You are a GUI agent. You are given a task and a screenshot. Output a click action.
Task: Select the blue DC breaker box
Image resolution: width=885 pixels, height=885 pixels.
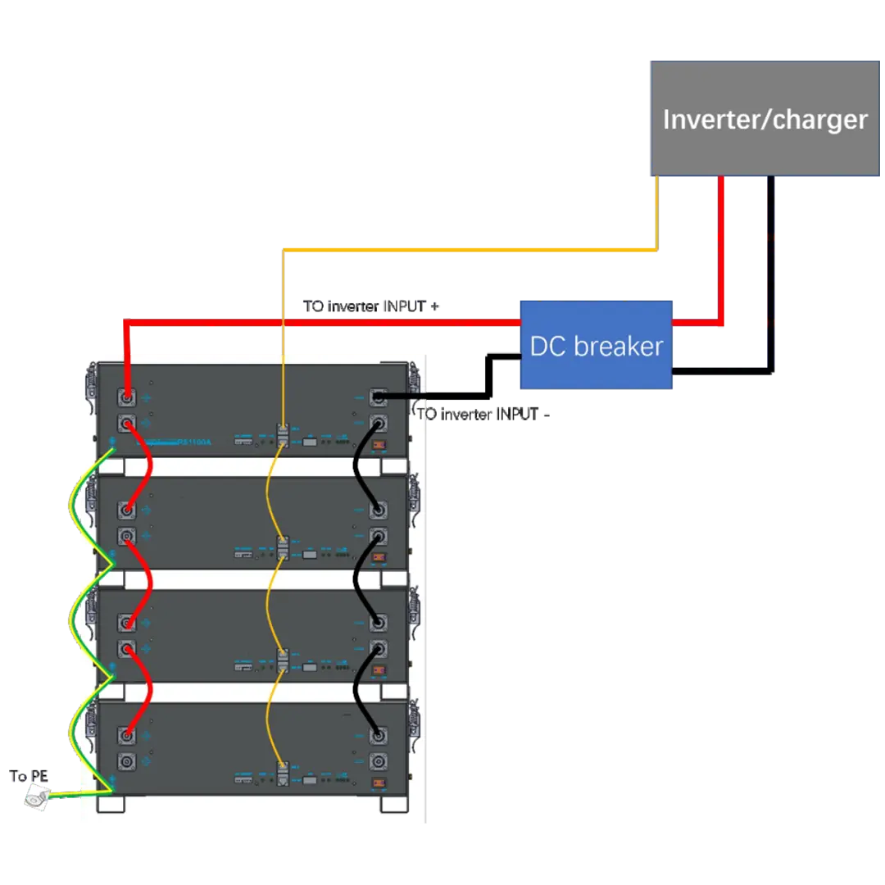[596, 345]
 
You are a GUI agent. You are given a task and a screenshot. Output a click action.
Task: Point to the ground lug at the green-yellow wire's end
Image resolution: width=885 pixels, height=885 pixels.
[37, 796]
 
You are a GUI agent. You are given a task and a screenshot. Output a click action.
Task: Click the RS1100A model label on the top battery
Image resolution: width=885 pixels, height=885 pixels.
[194, 442]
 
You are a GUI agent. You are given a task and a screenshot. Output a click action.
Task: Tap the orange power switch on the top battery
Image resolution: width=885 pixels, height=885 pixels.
[379, 447]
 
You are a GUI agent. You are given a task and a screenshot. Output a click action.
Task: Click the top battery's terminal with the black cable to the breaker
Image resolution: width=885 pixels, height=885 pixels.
[379, 398]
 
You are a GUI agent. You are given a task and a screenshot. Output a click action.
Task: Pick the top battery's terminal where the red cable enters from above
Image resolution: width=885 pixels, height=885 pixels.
[128, 398]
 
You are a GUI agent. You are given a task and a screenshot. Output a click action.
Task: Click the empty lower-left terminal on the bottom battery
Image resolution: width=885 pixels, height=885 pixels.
[128, 760]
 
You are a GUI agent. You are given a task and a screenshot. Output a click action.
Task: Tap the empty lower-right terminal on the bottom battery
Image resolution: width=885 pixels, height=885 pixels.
[379, 760]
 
